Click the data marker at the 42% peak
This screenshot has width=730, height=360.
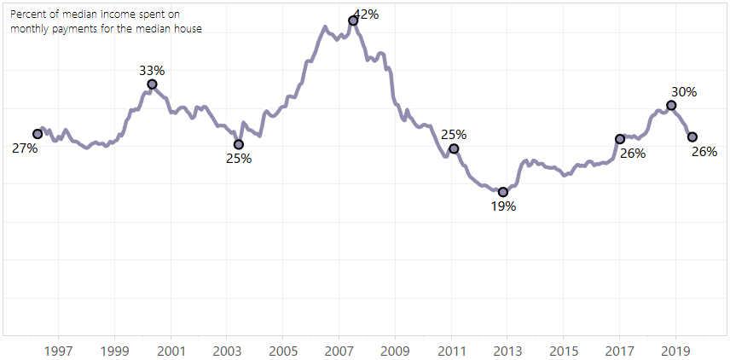(353, 20)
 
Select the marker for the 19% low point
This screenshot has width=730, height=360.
(503, 192)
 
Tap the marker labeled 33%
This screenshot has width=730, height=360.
(152, 84)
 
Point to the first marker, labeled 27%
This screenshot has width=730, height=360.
(38, 134)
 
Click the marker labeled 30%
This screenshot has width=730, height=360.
(671, 105)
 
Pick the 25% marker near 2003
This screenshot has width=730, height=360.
(239, 144)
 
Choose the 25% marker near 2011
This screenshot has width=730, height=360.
(454, 148)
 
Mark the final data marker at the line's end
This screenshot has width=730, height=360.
(692, 137)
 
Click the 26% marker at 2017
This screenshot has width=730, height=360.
(620, 139)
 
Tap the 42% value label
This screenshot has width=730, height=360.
(366, 14)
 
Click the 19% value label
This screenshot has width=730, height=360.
(503, 206)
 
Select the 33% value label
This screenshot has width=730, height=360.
(152, 71)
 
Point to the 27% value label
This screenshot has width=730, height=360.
(25, 148)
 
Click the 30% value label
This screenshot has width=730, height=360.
(684, 91)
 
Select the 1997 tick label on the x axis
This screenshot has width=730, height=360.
(59, 351)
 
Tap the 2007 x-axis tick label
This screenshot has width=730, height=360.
(339, 351)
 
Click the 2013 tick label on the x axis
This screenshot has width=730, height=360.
(507, 351)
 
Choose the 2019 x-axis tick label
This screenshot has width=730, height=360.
(676, 351)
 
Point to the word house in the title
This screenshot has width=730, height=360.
(186, 28)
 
